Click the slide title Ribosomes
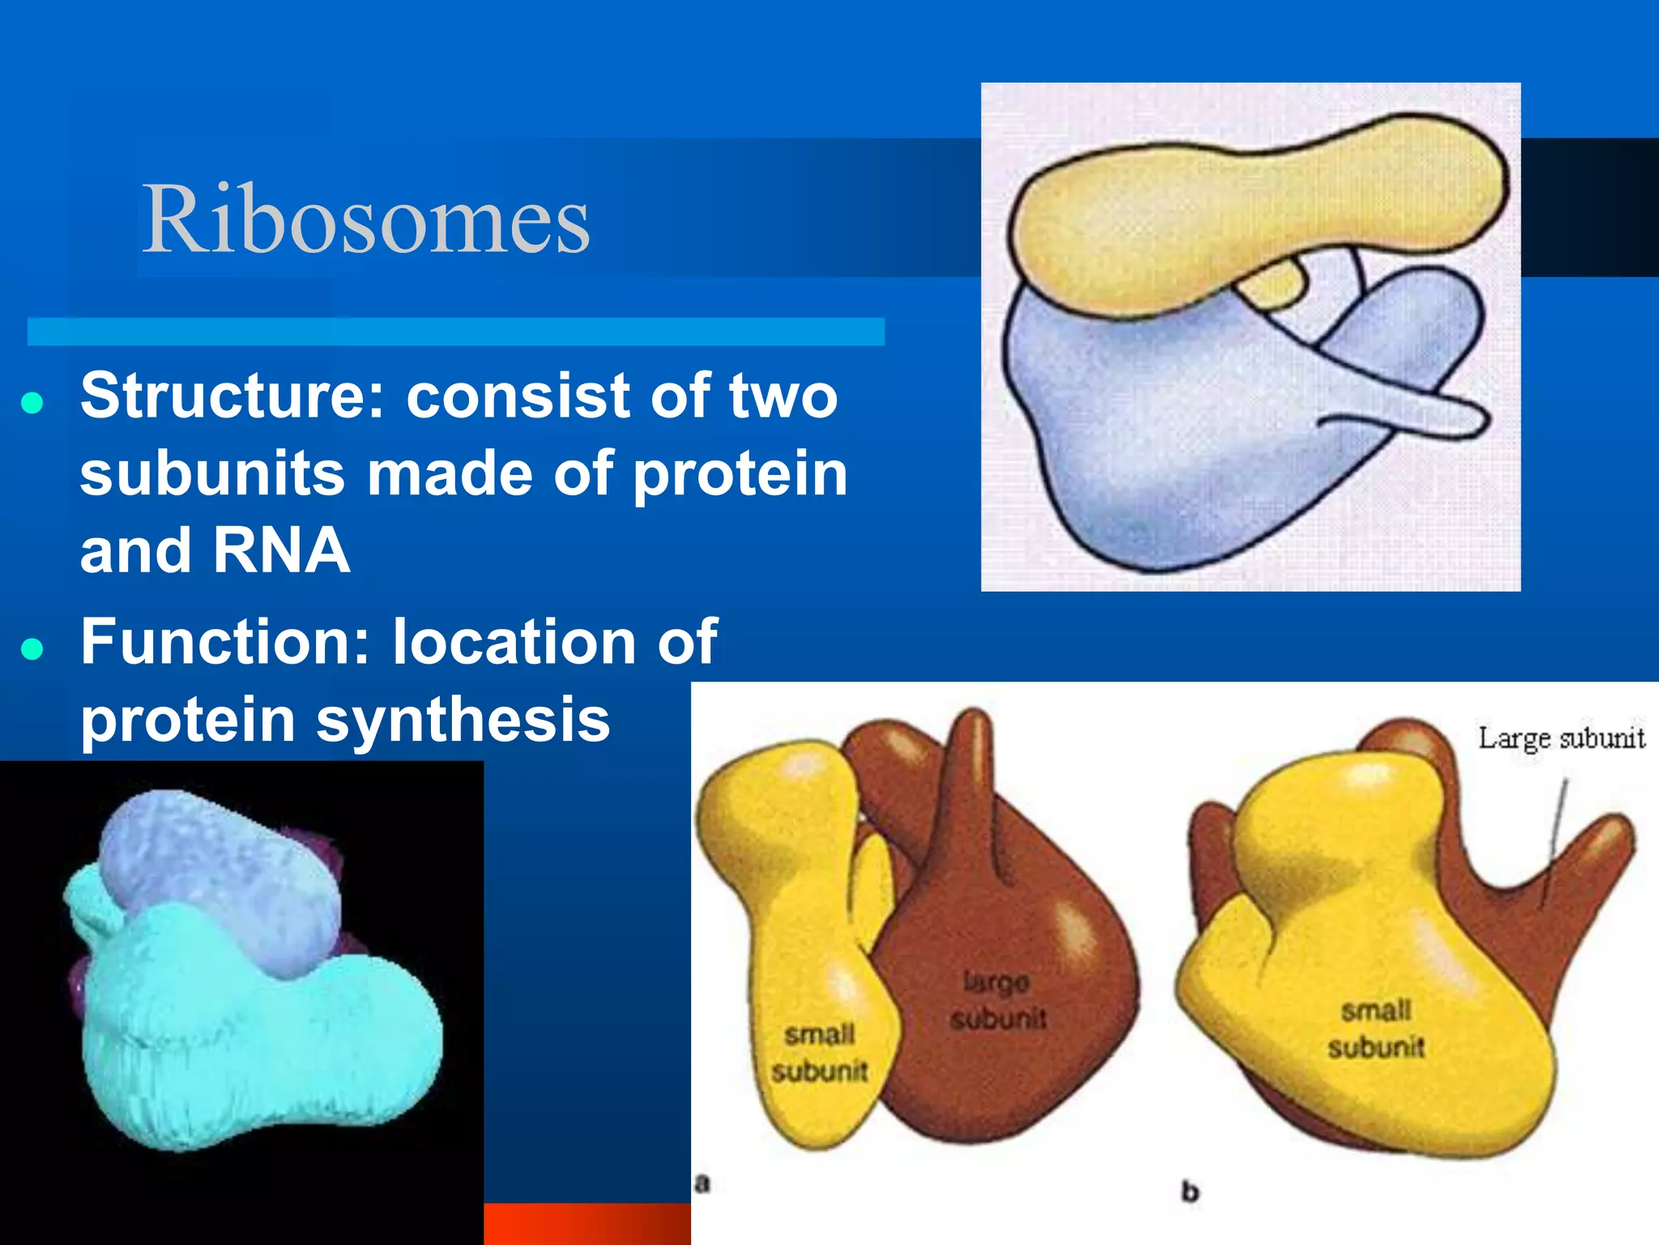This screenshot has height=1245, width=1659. coord(366,219)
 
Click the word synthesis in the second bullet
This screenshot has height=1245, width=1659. coord(463,720)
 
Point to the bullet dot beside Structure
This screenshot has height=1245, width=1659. coord(32,403)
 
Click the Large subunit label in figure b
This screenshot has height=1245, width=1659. coord(1561,738)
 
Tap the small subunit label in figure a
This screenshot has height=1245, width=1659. coord(819,1053)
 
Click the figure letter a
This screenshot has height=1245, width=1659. coord(702,1184)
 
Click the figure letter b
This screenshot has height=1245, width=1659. coord(1189,1192)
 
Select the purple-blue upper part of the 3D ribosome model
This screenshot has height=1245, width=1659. coord(219,867)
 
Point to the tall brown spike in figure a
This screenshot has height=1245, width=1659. coord(972,778)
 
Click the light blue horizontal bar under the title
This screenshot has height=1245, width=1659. coord(455,332)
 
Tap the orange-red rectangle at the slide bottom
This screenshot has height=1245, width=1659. coord(586,1224)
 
